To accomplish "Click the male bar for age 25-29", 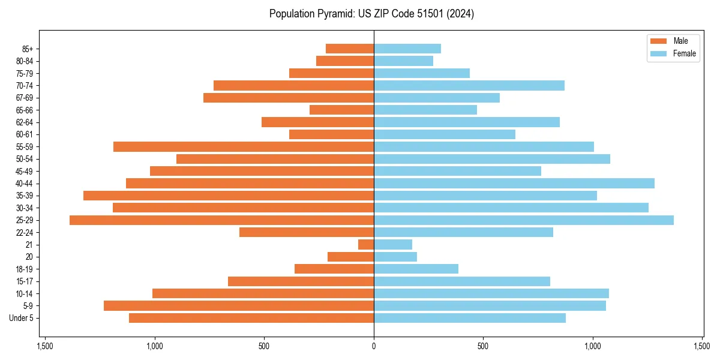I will pos(221,220).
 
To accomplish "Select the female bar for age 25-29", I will pos(523,220).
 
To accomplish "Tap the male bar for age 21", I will pos(366,245).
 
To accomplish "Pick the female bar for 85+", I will pos(407,49).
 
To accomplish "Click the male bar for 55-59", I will pos(243,147).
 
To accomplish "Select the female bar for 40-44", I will pos(514,184).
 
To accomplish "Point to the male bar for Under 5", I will pos(251,318).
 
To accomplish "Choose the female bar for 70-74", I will pos(469,86).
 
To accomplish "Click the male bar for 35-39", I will pos(228,196).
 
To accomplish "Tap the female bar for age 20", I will pos(395,257).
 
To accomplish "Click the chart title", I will pos(371,14).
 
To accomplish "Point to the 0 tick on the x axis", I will pos(374,346).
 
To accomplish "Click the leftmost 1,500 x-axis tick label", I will pos(45,346).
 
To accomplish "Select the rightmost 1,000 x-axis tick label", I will pos(593,346).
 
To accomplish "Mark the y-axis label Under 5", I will pos(22,318).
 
